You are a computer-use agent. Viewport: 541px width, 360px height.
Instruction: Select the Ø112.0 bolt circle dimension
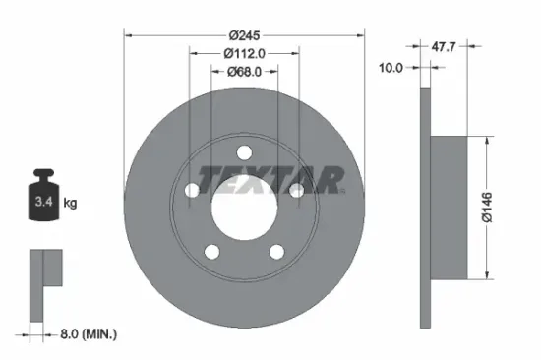click(243, 51)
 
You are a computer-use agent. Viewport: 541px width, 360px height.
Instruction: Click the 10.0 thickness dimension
click(391, 67)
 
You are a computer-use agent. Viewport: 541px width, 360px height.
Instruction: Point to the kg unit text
click(71, 204)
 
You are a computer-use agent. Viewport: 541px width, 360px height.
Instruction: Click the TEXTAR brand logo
click(271, 178)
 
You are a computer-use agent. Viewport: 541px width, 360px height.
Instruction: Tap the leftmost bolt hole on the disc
click(190, 191)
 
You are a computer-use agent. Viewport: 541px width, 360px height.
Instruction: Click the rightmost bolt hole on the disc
click(296, 191)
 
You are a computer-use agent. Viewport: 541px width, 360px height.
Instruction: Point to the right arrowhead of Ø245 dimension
click(360, 34)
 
